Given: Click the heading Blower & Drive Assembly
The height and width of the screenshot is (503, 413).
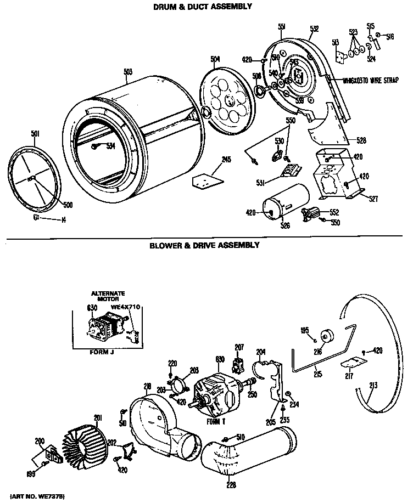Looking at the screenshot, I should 204,246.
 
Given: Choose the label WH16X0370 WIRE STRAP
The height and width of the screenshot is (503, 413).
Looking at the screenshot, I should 363,80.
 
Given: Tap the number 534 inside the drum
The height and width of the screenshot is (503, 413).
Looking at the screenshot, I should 110,146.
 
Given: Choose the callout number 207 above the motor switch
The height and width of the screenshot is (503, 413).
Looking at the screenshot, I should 239,347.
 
